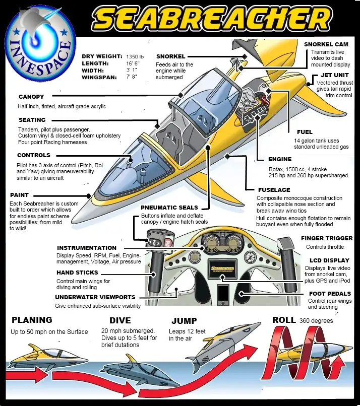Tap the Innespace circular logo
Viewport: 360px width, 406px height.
tap(40, 49)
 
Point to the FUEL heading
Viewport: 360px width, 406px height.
tap(305, 132)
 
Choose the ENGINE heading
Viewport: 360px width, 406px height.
tap(280, 159)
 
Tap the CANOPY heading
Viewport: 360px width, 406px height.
tap(31, 97)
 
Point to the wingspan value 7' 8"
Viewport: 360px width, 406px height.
tap(133, 78)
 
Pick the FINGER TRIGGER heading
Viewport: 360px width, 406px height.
tap(326, 238)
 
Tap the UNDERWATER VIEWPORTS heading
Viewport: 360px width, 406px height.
tap(95, 297)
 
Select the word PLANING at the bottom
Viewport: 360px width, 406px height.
tap(32, 320)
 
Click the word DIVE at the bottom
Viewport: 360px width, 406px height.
tap(120, 320)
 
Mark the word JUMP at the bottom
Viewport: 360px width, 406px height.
tap(184, 321)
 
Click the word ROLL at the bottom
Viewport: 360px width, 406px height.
tap(284, 320)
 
